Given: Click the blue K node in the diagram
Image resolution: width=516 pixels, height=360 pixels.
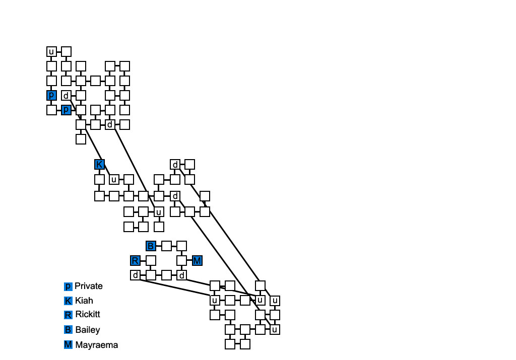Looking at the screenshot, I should point(99,165).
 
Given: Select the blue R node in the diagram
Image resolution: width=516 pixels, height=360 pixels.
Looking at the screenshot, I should point(135,260).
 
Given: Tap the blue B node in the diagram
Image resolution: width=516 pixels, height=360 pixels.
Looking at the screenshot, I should point(151,246).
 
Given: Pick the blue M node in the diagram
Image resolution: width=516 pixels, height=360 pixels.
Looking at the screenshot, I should point(197,260).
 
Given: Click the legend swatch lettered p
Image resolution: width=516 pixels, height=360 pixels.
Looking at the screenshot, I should point(69,286).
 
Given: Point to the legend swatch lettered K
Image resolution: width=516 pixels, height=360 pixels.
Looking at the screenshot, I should point(69,301).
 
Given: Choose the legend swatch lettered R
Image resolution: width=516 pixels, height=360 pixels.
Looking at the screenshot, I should point(69,315).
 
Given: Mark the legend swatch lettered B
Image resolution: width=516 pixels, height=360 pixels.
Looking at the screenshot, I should point(69,330).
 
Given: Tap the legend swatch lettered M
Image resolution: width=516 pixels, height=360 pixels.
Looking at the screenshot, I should point(69,345).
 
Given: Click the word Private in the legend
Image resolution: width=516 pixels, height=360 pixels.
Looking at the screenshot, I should point(89,286).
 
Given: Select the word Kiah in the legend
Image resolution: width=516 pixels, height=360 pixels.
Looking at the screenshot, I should point(84,301).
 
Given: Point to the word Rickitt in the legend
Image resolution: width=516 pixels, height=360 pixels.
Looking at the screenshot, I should point(88,315).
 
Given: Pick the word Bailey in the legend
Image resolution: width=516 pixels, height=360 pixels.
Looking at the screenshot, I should point(88,330).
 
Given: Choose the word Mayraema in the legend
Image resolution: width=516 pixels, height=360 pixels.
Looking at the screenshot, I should point(96,345).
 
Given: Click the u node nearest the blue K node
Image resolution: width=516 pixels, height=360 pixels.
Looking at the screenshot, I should point(114,179).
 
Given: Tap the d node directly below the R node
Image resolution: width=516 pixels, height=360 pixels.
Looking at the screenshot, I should point(135,275).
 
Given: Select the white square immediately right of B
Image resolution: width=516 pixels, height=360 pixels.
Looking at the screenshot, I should point(166,246).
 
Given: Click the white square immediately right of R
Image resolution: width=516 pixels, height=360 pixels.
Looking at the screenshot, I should point(150,260).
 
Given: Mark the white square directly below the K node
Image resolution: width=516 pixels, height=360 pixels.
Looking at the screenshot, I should point(99,179).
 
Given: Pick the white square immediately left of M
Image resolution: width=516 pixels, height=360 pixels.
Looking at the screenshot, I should point(181,260).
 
